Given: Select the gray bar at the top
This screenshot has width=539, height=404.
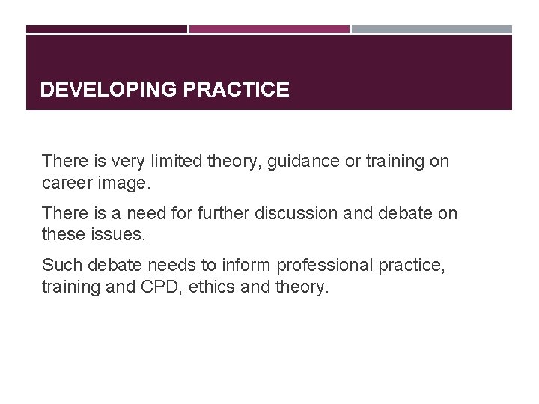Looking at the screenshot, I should pyautogui.click(x=432, y=29).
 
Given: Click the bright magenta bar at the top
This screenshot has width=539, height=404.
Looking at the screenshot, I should pyautogui.click(x=269, y=29).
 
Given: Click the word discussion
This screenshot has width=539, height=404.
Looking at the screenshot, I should pyautogui.click(x=296, y=213).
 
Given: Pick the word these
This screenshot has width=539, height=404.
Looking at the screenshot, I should pyautogui.click(x=64, y=234).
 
